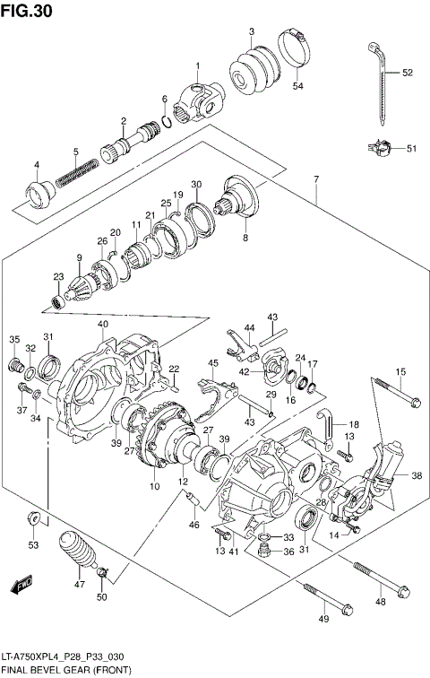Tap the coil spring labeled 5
pos(77,172)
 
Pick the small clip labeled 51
pos(382,148)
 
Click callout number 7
pos(316,180)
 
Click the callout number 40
pos(103,324)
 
